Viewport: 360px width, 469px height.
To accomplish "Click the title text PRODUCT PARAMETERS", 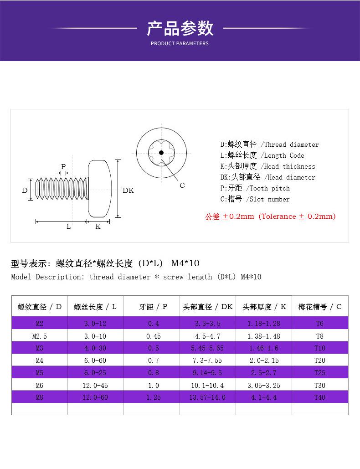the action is pos(180,43).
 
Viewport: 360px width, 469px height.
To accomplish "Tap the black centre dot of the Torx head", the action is pos(161,153).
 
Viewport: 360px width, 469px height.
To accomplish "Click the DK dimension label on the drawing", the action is pos(128,190).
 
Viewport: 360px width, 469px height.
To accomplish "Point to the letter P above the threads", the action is pos(63,167).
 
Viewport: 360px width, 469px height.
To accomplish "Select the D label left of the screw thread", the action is pos(25,190).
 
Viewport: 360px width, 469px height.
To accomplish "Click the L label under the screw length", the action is pos(68,227).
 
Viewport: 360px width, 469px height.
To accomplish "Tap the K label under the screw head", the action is pos(98,227).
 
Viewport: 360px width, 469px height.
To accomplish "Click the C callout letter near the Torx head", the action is pos(182,186).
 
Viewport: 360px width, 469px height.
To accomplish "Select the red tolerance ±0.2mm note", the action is pos(270,216).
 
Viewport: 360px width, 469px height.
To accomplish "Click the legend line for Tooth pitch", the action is pos(255,188).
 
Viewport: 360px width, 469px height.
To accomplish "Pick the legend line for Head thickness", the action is pos(267,166).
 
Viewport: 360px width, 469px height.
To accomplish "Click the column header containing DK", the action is pos(208,307).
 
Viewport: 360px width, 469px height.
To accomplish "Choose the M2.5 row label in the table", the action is pos(40,336).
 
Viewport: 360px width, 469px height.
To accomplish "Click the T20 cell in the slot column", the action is pos(319,361).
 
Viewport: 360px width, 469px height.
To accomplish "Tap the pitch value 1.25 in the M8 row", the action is pos(154,397).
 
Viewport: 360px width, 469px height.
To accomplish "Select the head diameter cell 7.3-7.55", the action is pos(207,361).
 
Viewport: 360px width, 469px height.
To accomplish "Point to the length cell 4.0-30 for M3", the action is pos(95,348).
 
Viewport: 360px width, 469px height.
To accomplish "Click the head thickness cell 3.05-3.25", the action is pos(264,386).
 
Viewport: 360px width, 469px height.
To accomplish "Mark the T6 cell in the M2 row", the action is pos(319,324).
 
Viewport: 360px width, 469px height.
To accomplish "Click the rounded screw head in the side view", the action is pos(99,188).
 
